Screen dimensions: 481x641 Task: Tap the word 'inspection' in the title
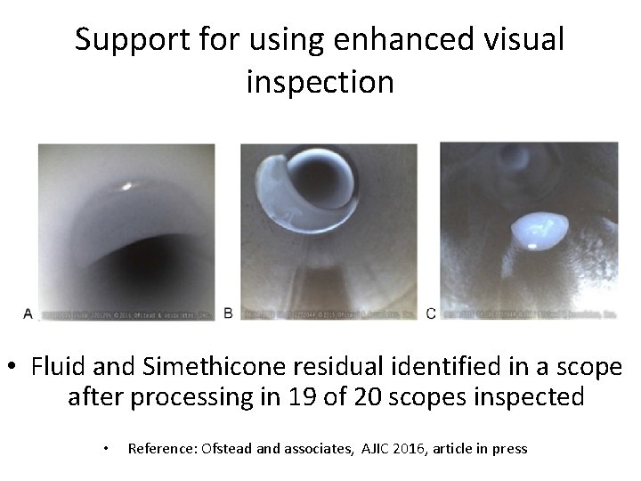pyautogui.click(x=320, y=82)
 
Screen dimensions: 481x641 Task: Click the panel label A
pyautogui.click(x=28, y=314)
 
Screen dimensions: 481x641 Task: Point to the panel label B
pyautogui.click(x=229, y=313)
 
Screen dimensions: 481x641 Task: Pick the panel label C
pyautogui.click(x=431, y=313)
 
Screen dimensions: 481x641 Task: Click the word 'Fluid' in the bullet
pyautogui.click(x=54, y=366)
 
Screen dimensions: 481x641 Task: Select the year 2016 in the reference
pyautogui.click(x=415, y=448)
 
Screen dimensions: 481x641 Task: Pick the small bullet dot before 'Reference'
pyautogui.click(x=106, y=448)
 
